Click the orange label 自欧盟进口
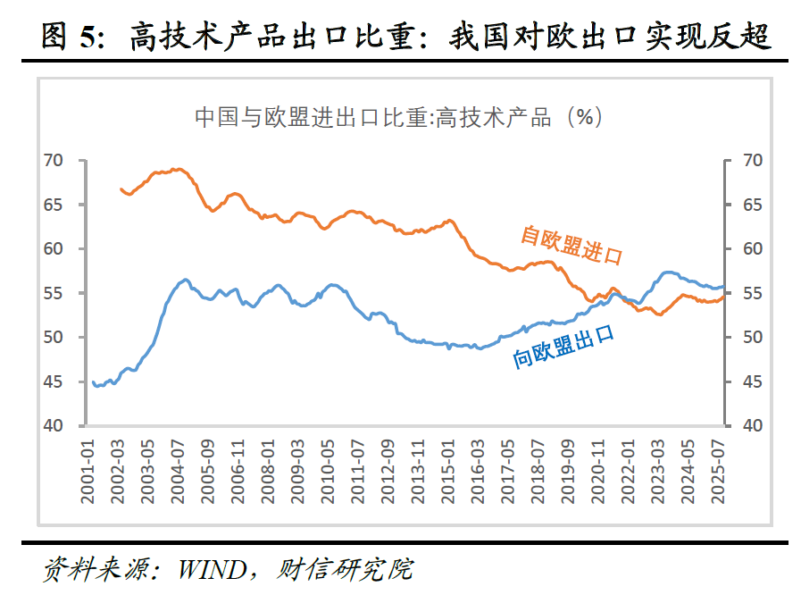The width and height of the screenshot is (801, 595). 571,246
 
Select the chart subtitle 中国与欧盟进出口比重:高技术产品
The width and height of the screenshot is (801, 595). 372,117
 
